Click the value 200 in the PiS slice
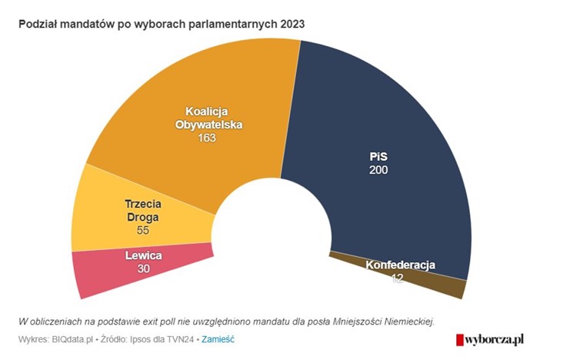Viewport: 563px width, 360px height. (378, 169)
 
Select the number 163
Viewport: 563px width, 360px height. (206, 138)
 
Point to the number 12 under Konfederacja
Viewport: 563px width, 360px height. (397, 278)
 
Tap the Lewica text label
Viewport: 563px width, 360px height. (143, 255)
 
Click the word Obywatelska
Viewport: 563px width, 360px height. (207, 125)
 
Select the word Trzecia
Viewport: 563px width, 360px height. (144, 204)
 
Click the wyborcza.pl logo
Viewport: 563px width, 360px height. (489, 338)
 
